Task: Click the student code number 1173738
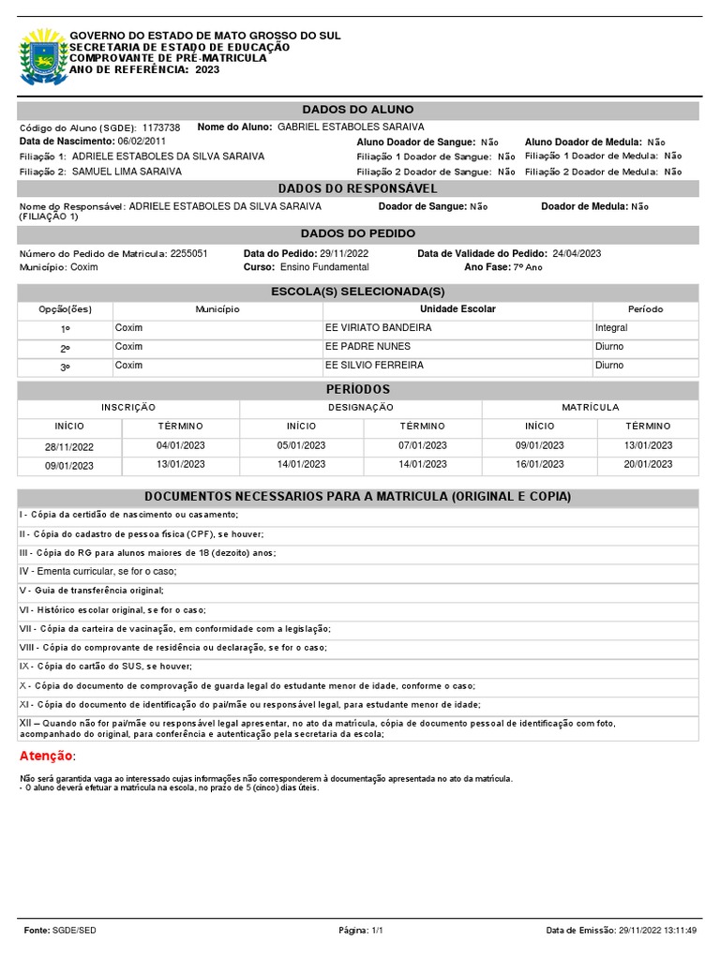pyautogui.click(x=161, y=127)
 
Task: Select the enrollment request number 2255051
pyautogui.click(x=189, y=254)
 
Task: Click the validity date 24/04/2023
pyautogui.click(x=577, y=254)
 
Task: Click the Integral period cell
pyautogui.click(x=611, y=328)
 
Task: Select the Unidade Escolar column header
pyautogui.click(x=457, y=309)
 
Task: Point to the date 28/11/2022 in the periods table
pyautogui.click(x=69, y=447)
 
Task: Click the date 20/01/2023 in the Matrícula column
pyautogui.click(x=648, y=464)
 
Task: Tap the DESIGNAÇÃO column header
pyautogui.click(x=360, y=408)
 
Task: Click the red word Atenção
pyautogui.click(x=46, y=757)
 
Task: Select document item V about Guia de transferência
pyautogui.click(x=92, y=591)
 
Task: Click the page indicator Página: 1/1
pyautogui.click(x=360, y=930)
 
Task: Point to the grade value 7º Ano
pyautogui.click(x=527, y=268)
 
